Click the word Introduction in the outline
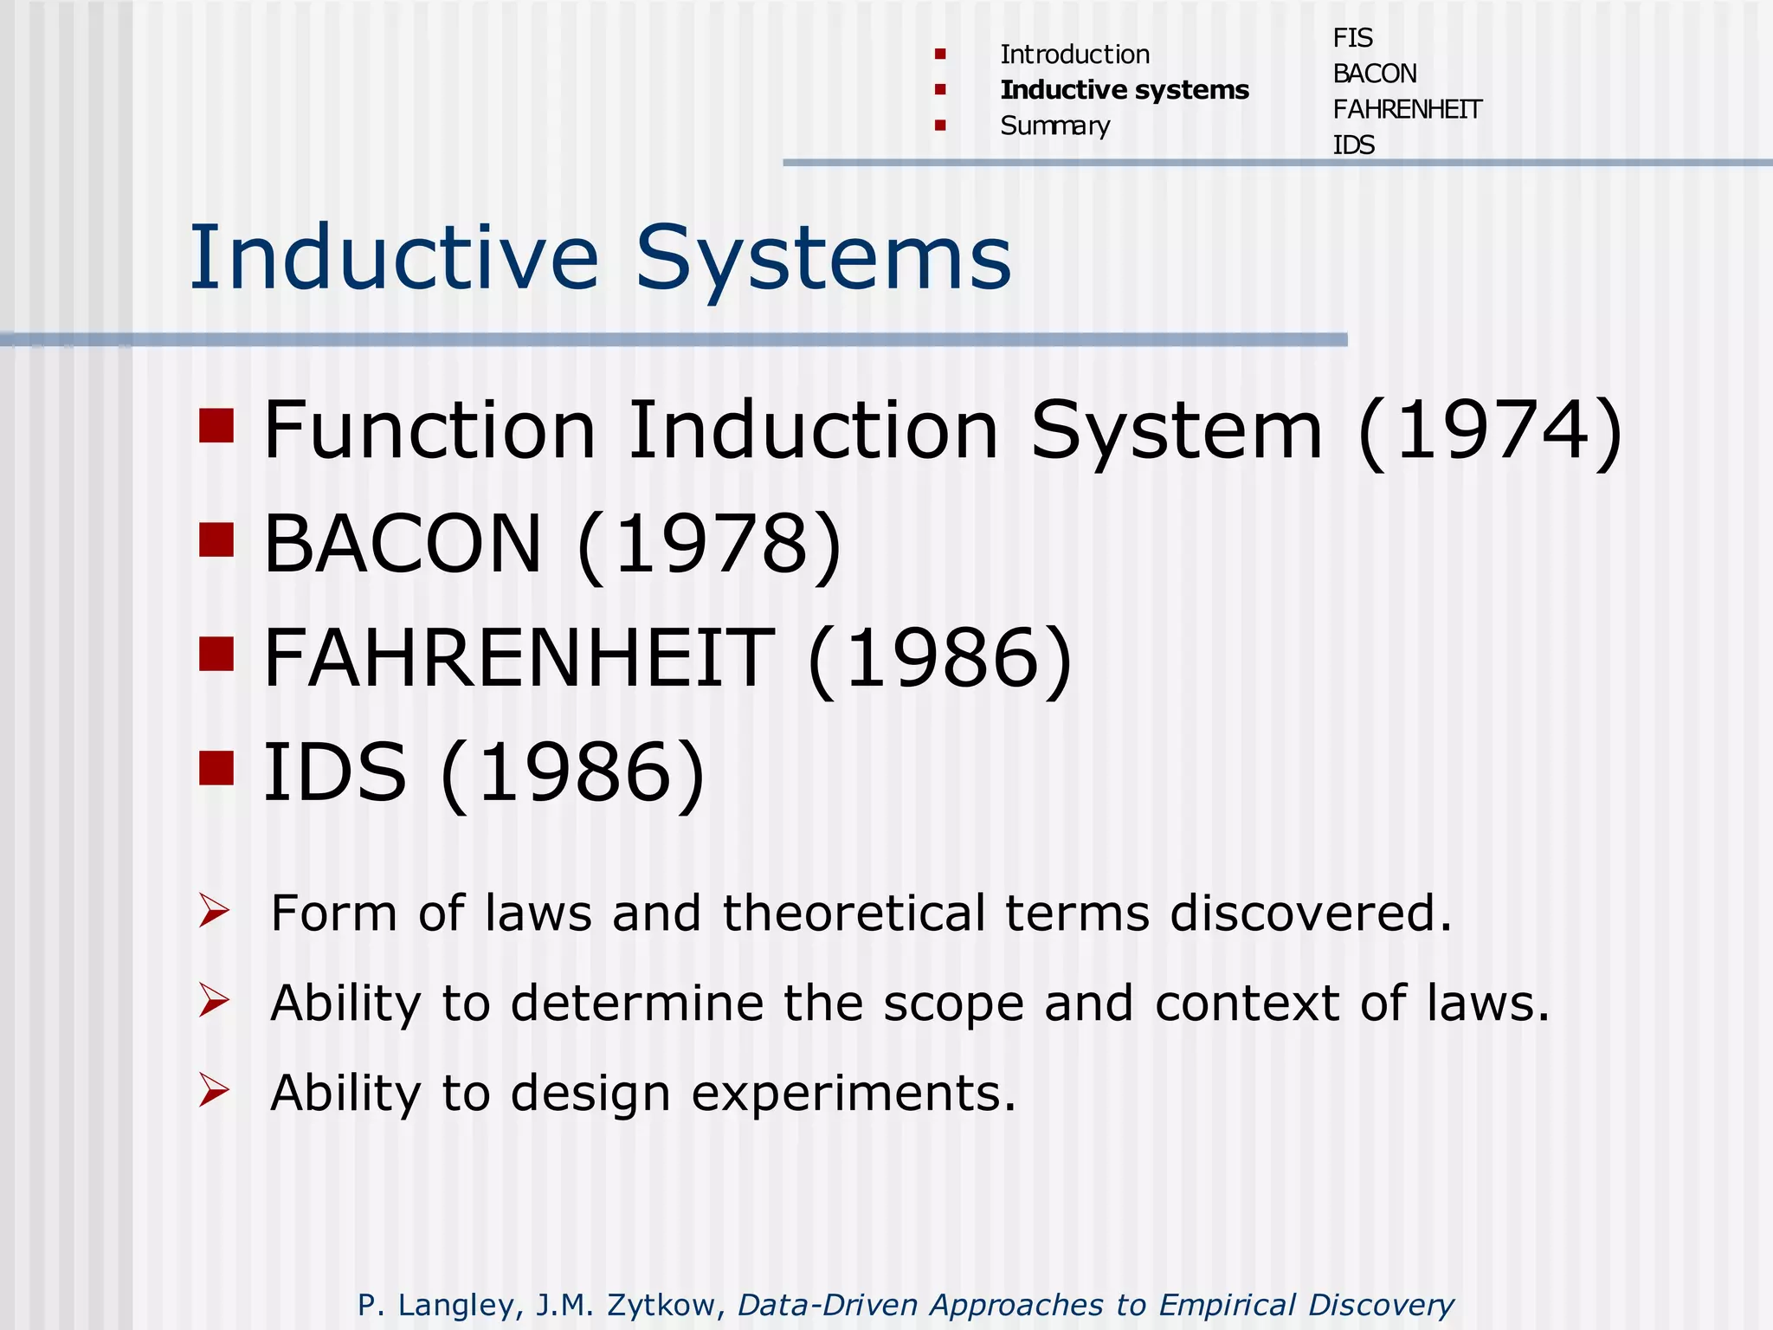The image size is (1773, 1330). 1074,55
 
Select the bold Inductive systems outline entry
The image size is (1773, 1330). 1124,90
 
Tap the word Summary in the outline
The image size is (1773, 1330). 1054,126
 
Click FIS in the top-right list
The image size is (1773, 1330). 1352,38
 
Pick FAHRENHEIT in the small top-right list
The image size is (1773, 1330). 1407,110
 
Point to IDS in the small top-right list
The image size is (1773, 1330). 1353,145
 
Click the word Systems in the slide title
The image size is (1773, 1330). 822,258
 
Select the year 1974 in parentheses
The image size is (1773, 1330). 1489,430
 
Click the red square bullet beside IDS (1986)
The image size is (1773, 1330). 216,767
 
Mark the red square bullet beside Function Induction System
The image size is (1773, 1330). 216,425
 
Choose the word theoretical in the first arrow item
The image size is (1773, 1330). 854,914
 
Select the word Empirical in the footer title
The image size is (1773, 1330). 1226,1305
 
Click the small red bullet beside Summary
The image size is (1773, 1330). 940,126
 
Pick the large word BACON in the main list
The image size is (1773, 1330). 402,544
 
